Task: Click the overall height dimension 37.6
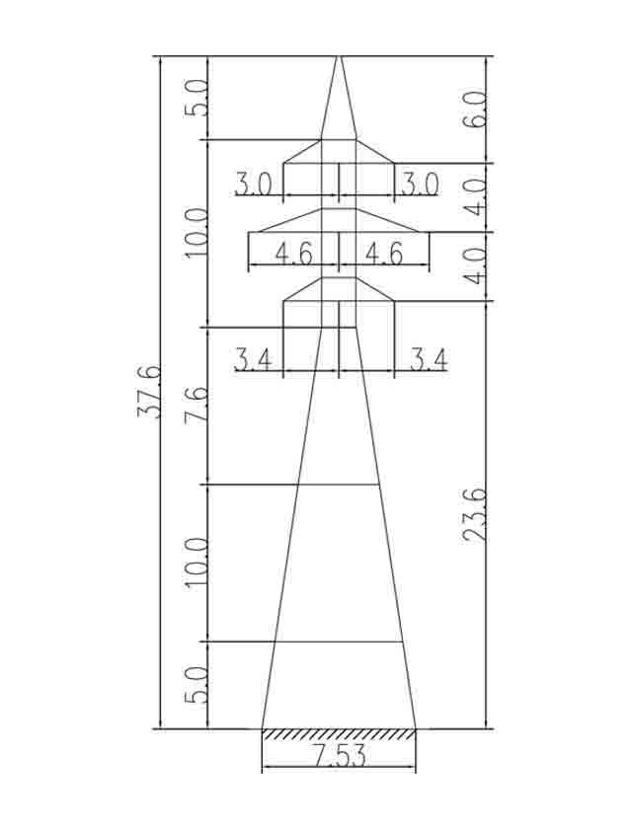pos(148,391)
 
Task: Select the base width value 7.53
pos(340,755)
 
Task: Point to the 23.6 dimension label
pos(474,515)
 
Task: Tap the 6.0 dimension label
pos(477,110)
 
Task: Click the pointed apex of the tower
pos(339,56)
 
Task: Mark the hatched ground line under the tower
pos(339,734)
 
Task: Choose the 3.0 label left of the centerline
pos(254,185)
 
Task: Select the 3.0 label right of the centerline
pos(420,185)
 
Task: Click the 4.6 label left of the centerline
pos(294,254)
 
